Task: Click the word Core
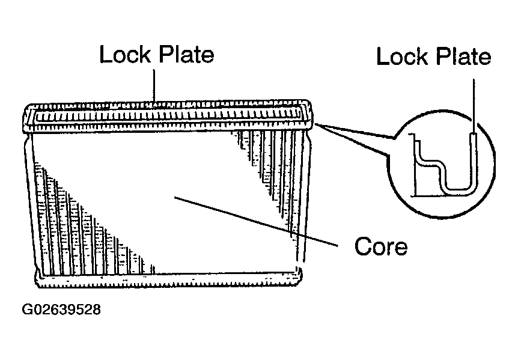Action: click(x=381, y=246)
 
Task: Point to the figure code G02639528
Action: click(x=61, y=310)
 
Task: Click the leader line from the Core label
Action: click(x=257, y=221)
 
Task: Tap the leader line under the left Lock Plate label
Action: click(x=154, y=85)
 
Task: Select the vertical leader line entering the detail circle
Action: click(x=474, y=107)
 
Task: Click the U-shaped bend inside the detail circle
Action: click(x=459, y=190)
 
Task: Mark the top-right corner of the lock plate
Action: click(x=309, y=101)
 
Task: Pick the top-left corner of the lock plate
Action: click(x=28, y=106)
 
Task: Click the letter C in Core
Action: click(x=362, y=246)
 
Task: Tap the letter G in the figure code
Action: click(x=27, y=310)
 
